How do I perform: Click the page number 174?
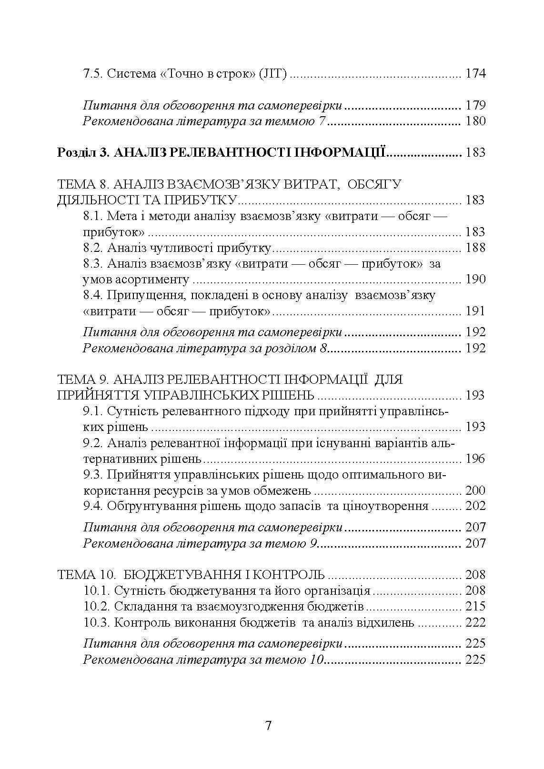[475, 74]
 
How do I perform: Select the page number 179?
[475, 105]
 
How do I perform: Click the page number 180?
[475, 121]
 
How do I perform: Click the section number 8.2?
[93, 248]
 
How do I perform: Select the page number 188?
[475, 248]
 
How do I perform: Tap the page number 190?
[475, 279]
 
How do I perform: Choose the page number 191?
[475, 311]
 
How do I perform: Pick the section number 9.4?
[93, 506]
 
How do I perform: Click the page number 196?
[475, 459]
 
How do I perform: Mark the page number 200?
[475, 490]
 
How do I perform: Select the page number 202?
[475, 506]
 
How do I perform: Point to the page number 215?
[475, 607]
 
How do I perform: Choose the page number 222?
[475, 622]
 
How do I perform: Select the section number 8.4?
[93, 295]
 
